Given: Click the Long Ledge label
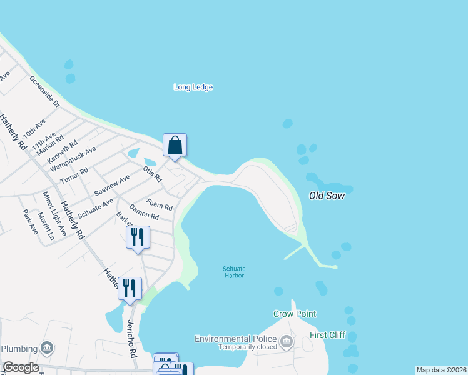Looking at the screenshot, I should coord(193,87).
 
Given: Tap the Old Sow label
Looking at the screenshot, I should coord(327,196).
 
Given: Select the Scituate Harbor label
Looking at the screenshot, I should coord(233,272).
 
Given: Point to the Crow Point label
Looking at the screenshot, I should coord(295,314).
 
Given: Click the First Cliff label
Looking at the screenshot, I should coord(328,335).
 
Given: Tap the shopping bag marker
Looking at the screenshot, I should coord(175,145).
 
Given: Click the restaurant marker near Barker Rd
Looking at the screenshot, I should coord(138,237).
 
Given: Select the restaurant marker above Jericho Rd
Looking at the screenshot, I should coord(130,288).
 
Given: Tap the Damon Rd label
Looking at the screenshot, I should coord(143,212).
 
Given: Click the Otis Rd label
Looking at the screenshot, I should coord(152,172).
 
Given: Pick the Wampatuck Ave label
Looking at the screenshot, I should coord(73,159).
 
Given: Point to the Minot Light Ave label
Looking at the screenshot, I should coord(55,214).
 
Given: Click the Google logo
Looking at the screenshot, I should coord(21,367).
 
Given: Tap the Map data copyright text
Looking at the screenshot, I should coord(441,370).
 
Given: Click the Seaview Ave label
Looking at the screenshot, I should coord(111,184).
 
